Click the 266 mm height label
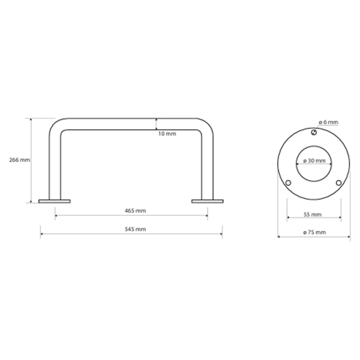(19, 160)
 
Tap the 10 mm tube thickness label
(167, 134)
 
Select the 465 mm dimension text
(135, 211)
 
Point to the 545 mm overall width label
(135, 229)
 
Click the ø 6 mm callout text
(328, 122)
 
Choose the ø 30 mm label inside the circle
(314, 161)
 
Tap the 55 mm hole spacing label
(312, 215)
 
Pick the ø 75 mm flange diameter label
(314, 233)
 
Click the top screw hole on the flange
(314, 132)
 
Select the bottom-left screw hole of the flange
(288, 183)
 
